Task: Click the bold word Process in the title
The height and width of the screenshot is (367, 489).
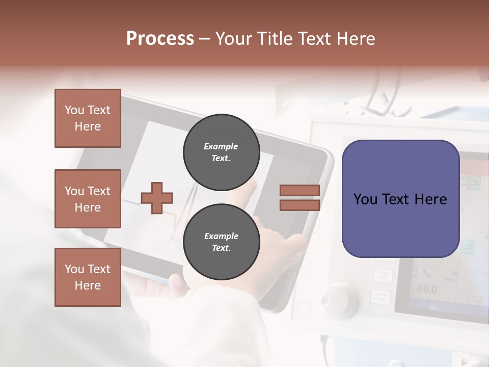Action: tap(160, 39)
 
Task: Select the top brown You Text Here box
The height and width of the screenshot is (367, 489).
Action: tap(88, 118)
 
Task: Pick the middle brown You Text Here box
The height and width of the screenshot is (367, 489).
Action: tap(88, 199)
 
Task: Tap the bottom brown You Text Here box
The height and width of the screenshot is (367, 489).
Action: tap(88, 277)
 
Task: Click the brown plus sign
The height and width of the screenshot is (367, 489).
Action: tap(157, 198)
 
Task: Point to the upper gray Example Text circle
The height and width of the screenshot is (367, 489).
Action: tap(221, 152)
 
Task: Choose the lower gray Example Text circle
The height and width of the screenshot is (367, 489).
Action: tap(221, 242)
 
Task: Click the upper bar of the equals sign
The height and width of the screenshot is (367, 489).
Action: tap(300, 190)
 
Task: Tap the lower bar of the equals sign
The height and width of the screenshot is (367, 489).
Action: tap(300, 205)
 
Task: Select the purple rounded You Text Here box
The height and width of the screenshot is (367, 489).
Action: tap(400, 199)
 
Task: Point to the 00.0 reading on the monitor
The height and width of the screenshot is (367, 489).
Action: tap(427, 290)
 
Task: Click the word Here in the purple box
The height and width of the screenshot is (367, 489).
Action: tap(430, 199)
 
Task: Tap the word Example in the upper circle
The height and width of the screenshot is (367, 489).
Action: tap(221, 147)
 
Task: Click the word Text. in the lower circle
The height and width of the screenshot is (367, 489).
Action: tap(221, 248)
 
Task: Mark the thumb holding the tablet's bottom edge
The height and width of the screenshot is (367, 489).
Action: tap(176, 284)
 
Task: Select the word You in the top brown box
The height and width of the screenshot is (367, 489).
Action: tap(74, 110)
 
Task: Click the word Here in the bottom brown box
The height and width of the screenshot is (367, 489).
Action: tap(88, 285)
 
